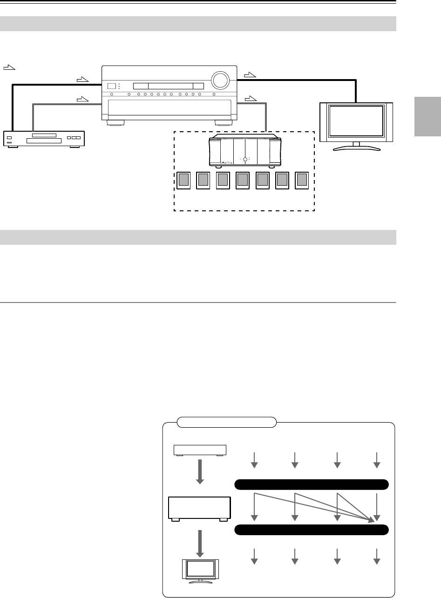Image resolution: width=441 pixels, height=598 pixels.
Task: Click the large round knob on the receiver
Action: click(x=220, y=81)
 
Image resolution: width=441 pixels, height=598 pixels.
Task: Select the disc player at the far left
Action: click(x=44, y=139)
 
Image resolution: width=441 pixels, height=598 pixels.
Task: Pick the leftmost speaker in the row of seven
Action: click(x=184, y=181)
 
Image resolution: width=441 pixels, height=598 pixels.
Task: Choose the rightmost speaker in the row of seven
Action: click(x=302, y=181)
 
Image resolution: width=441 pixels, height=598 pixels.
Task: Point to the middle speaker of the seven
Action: click(x=243, y=181)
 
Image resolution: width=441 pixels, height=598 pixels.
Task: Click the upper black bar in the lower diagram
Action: click(x=311, y=484)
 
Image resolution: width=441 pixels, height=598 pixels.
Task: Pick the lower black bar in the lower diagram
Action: click(x=311, y=530)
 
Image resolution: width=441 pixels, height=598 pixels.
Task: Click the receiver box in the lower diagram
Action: click(x=200, y=508)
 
